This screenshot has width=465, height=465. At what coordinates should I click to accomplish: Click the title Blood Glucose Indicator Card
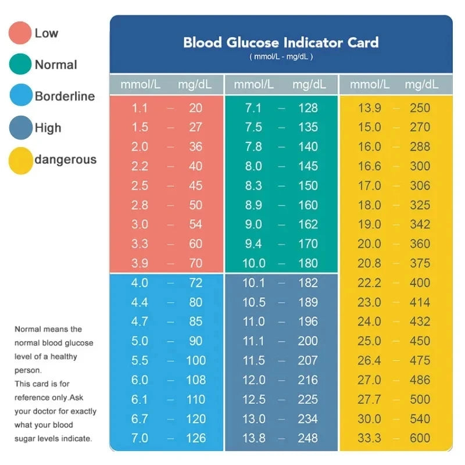pos(281,42)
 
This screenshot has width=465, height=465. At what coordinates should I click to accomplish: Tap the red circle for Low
pos(20,33)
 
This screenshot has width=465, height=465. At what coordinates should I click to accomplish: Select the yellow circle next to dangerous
pos(20,160)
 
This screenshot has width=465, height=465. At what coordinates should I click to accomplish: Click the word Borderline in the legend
pos(65,96)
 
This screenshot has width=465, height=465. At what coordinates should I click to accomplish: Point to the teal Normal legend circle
pos(20,65)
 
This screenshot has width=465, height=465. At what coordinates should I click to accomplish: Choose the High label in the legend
pos(48,128)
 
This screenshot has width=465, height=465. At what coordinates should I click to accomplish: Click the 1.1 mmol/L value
pos(139,108)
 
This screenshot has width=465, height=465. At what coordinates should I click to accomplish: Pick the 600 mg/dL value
pos(420,438)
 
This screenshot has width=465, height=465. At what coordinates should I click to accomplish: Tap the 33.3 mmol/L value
pos(369,438)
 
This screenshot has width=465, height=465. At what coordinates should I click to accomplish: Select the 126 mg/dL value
pos(195,438)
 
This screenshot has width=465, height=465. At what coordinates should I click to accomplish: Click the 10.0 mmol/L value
pos(253,263)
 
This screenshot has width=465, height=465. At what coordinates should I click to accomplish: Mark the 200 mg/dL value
pos(308,341)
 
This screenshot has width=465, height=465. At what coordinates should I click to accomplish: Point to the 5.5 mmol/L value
pos(139,361)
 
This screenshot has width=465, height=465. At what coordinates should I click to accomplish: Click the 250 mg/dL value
pos(420,108)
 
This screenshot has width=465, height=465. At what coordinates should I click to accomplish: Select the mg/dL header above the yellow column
pos(421,84)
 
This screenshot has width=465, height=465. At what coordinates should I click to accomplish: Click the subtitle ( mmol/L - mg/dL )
pos(281,57)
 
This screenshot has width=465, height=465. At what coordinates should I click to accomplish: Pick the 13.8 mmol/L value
pos(253,438)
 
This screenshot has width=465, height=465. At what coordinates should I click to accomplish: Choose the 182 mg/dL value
pos(308,283)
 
